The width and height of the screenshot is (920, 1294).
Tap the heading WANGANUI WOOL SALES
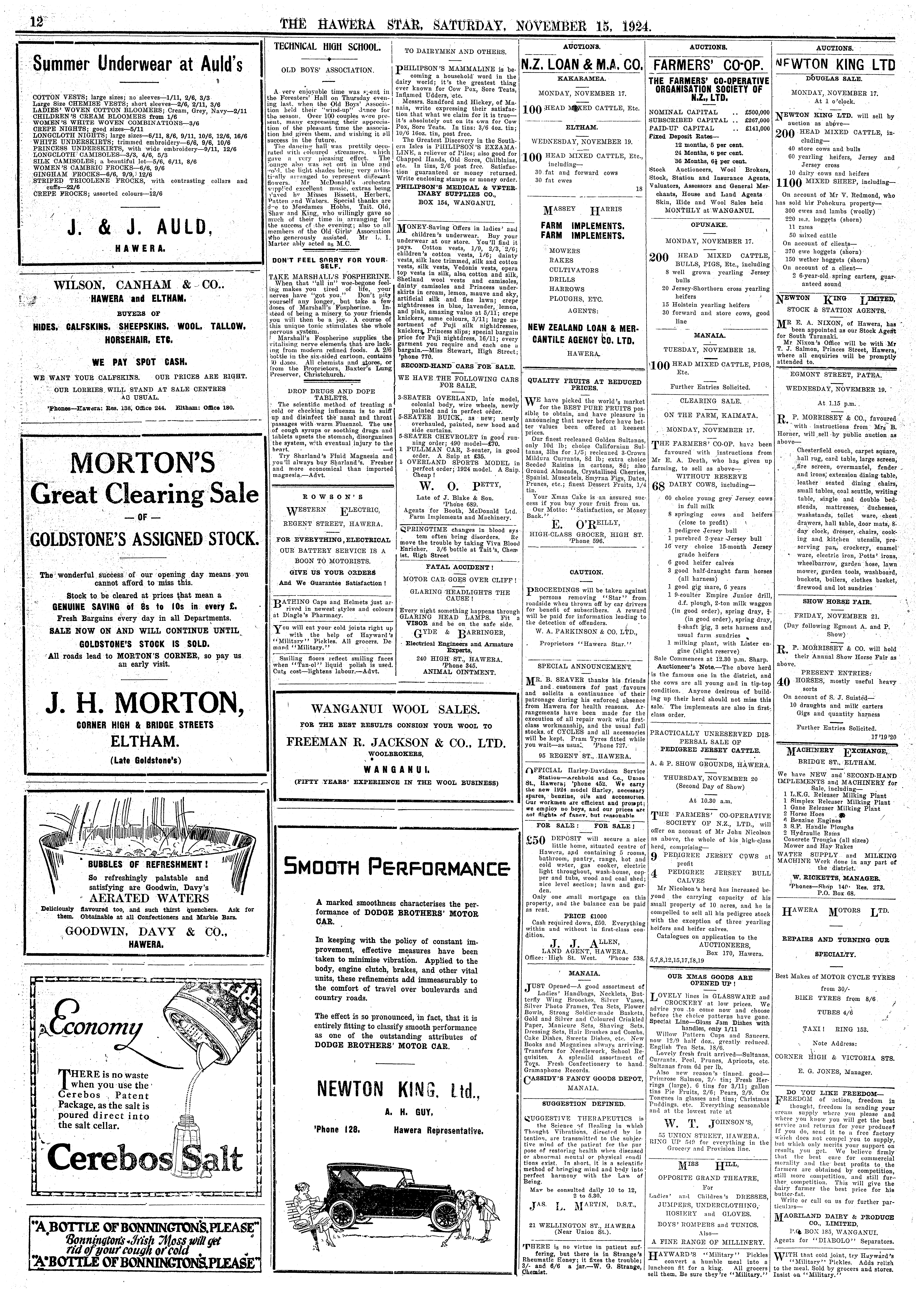pos(395,709)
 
